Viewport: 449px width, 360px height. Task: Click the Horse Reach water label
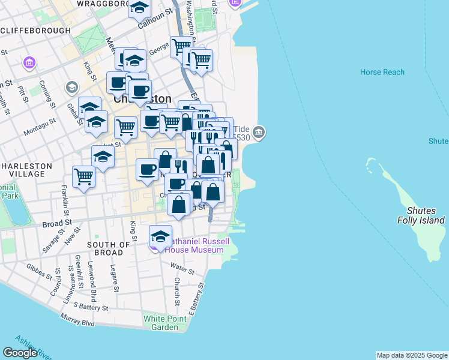tap(382, 72)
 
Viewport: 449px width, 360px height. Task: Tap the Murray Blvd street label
tap(79, 322)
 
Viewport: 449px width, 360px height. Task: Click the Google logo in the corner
tap(20, 353)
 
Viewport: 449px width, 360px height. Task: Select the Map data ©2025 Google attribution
tap(412, 355)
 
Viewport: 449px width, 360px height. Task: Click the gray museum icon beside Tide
tap(259, 131)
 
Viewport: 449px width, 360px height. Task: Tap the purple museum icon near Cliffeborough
tap(28, 62)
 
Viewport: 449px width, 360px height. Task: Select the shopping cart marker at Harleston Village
tap(84, 177)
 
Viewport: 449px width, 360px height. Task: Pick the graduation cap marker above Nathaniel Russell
tap(160, 235)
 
